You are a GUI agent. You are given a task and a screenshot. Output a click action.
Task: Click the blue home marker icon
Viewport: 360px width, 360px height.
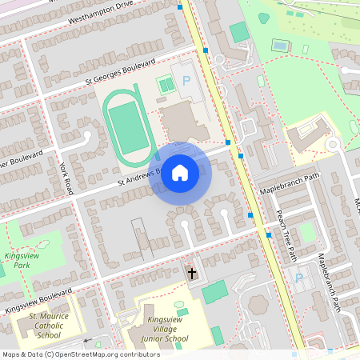(180, 172)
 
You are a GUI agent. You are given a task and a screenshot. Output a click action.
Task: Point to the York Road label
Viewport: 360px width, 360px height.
(66, 177)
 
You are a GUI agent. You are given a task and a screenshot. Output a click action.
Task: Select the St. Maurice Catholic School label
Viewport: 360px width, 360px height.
(44, 326)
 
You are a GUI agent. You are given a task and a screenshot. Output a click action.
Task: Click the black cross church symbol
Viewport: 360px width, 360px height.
(191, 274)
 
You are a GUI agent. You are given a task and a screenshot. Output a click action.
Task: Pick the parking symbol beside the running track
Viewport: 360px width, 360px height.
(187, 80)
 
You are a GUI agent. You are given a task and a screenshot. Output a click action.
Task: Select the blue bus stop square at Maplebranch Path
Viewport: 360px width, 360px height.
(250, 214)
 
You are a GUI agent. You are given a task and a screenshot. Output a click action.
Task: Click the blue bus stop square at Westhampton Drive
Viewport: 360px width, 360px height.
(180, 7)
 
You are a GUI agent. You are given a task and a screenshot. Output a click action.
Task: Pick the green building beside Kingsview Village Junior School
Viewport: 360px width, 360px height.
(214, 293)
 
